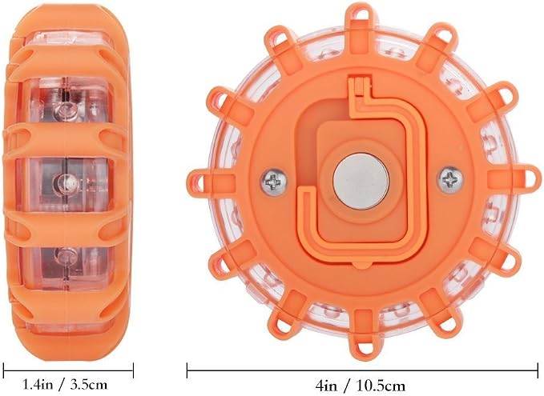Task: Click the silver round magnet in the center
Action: coord(360,182)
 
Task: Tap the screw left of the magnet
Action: coord(274,181)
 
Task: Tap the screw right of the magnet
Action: coord(451,179)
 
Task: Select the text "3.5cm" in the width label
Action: coord(89,385)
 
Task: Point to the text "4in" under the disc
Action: coord(326,386)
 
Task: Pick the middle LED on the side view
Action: coord(65,181)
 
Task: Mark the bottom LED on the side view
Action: coord(65,256)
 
